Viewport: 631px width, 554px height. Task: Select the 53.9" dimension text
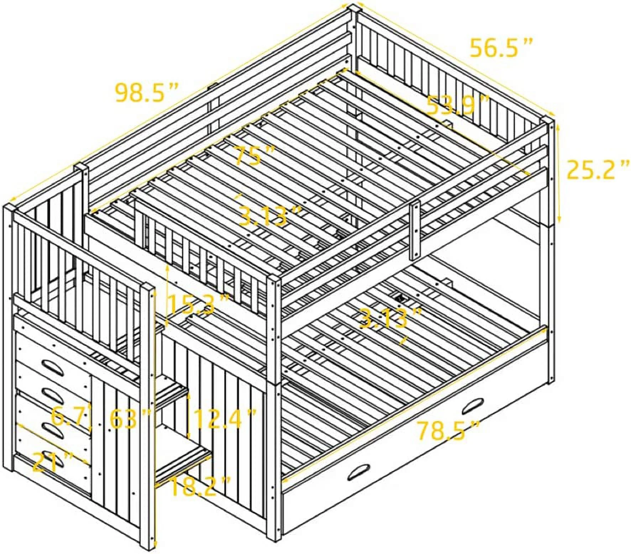click(x=458, y=105)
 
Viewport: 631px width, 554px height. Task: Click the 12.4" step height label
click(x=225, y=419)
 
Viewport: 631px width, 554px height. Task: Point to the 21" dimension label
click(x=53, y=462)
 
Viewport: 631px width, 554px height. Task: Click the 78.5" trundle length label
click(x=448, y=430)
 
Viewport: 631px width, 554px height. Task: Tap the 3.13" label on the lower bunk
click(x=390, y=318)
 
